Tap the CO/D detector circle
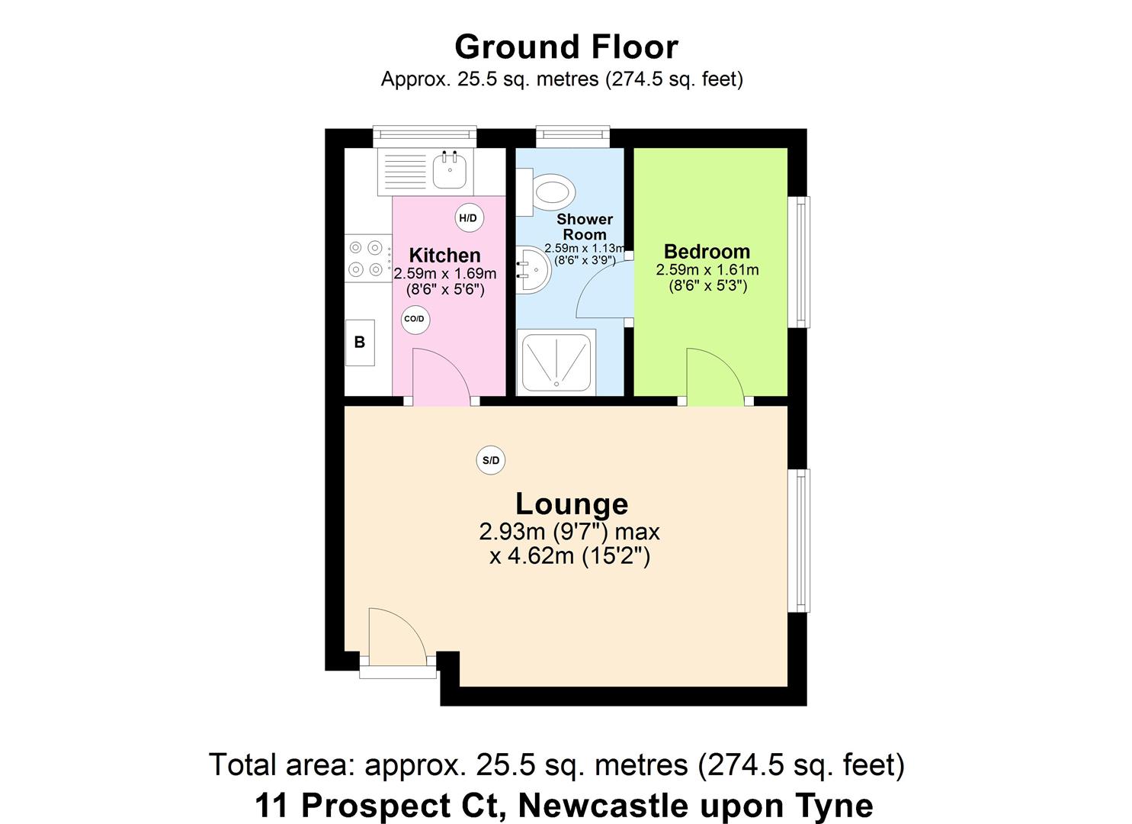[415, 319]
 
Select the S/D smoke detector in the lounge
[491, 460]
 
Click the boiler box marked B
[360, 343]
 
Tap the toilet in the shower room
[550, 191]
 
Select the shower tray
[556, 362]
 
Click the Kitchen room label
[444, 255]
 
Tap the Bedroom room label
[707, 251]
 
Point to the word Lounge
[572, 504]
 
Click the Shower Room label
[585, 227]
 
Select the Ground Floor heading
[566, 47]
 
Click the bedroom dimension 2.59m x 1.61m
[707, 270]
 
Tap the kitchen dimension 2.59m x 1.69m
[444, 274]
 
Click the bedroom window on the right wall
[800, 262]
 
